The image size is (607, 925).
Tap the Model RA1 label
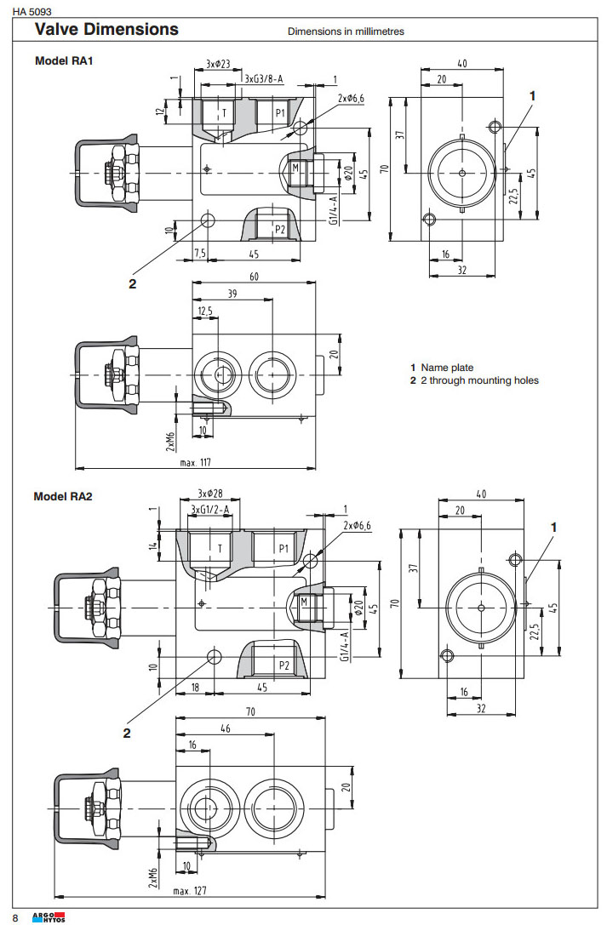coord(63,61)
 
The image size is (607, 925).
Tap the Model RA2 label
coord(63,497)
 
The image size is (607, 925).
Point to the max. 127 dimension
coord(192,891)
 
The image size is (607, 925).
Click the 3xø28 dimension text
coord(209,494)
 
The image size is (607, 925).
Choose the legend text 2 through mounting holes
coord(479,380)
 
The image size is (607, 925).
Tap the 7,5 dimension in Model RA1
coord(200,253)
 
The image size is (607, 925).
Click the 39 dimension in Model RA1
coord(232,294)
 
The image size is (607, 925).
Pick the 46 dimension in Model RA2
coord(225,729)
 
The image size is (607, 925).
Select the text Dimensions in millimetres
coord(346,31)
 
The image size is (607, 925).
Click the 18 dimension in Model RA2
coord(195,687)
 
